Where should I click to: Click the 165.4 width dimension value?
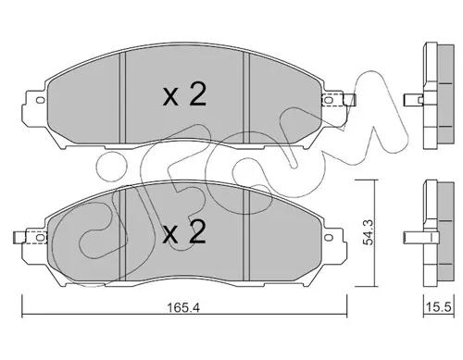[x=183, y=307]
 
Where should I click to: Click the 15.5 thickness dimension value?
[x=439, y=307]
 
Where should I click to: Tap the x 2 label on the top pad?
[x=184, y=95]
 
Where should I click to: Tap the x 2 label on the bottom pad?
[x=184, y=232]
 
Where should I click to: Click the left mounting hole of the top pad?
[x=40, y=100]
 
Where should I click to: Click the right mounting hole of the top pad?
[x=329, y=100]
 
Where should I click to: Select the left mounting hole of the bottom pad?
[x=40, y=237]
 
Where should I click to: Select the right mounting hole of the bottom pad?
[x=329, y=237]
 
